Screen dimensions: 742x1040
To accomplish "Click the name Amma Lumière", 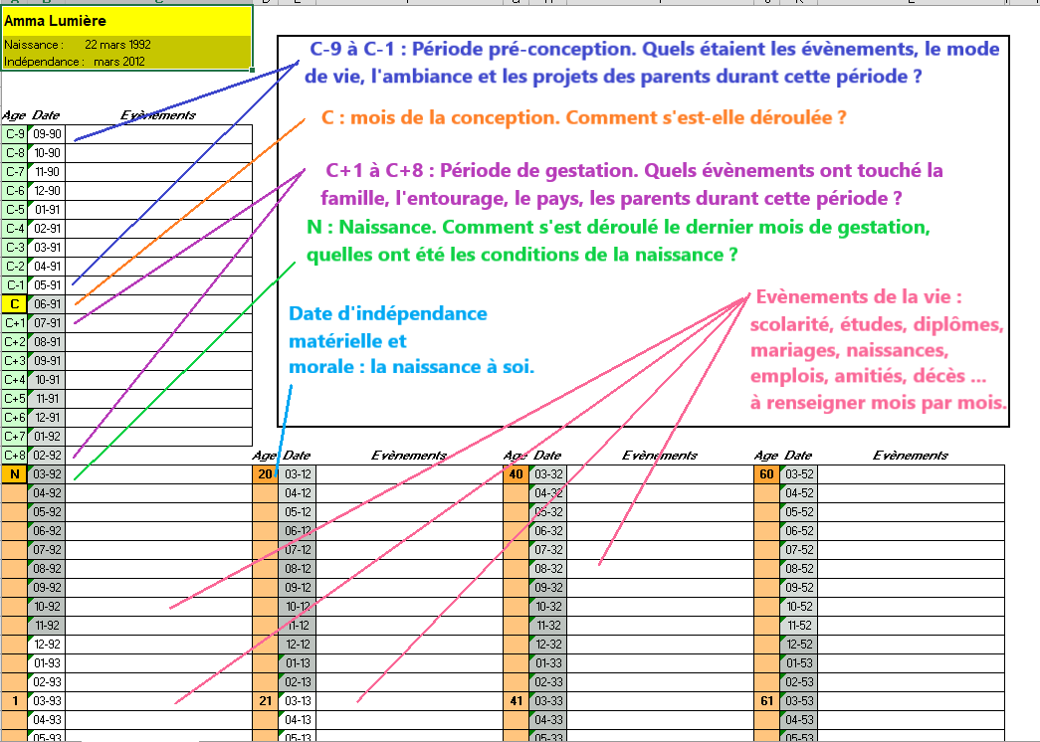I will tap(55, 20).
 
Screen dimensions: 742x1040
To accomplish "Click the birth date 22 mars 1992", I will tap(117, 45).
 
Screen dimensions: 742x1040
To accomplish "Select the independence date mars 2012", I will tap(120, 61).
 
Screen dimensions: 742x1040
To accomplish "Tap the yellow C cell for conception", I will tap(15, 303).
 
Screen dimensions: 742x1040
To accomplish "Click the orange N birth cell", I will tap(15, 473).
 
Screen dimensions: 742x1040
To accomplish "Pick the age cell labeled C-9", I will tap(15, 133).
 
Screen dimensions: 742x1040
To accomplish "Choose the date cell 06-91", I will tap(47, 303).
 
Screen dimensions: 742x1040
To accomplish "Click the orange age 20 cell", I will tap(265, 473).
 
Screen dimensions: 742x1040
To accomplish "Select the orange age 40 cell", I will tap(516, 473).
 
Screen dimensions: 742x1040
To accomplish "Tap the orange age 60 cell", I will tap(766, 473).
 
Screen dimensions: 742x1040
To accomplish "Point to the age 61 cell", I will tap(766, 700).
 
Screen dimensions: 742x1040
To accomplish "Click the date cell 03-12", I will tap(299, 473).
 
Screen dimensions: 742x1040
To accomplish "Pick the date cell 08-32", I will tap(549, 568).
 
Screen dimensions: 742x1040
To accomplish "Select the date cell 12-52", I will tap(800, 644).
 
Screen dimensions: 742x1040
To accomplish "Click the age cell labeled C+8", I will tap(15, 455).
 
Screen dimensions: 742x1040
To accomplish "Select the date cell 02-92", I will tap(47, 455).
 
